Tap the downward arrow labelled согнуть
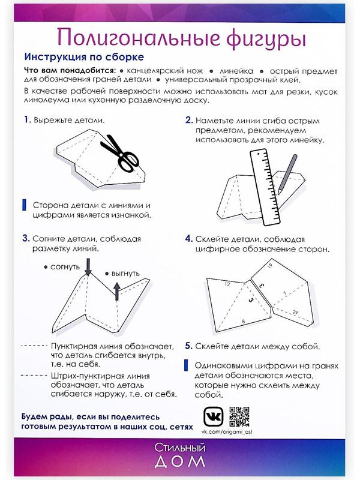click(88, 266)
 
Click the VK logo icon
click(211, 416)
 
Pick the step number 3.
click(26, 238)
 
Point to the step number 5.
click(188, 346)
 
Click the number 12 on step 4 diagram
click(227, 285)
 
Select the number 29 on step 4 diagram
click(296, 313)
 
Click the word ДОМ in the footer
click(180, 461)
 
